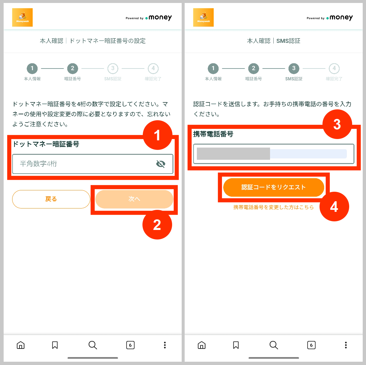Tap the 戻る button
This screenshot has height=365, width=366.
51,199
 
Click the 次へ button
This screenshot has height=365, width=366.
134,199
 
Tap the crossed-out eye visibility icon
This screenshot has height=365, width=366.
161,164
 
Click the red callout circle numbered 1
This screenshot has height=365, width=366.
157,135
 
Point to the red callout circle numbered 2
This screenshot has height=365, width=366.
157,225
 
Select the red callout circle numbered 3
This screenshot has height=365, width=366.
337,125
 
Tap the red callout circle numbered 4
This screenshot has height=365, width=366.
334,207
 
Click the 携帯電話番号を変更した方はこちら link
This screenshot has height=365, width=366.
274,208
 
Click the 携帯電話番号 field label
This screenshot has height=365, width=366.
213,134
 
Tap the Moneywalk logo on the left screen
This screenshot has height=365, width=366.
22,17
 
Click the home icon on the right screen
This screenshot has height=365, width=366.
201,345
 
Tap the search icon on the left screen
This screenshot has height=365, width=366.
93,345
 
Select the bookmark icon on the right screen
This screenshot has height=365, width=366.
236,345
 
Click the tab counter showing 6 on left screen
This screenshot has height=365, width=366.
130,345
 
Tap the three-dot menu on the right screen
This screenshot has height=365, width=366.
346,345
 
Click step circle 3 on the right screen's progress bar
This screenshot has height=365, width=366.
294,69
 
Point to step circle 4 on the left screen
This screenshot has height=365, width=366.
153,69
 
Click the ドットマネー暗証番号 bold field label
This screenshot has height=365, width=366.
46,144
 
